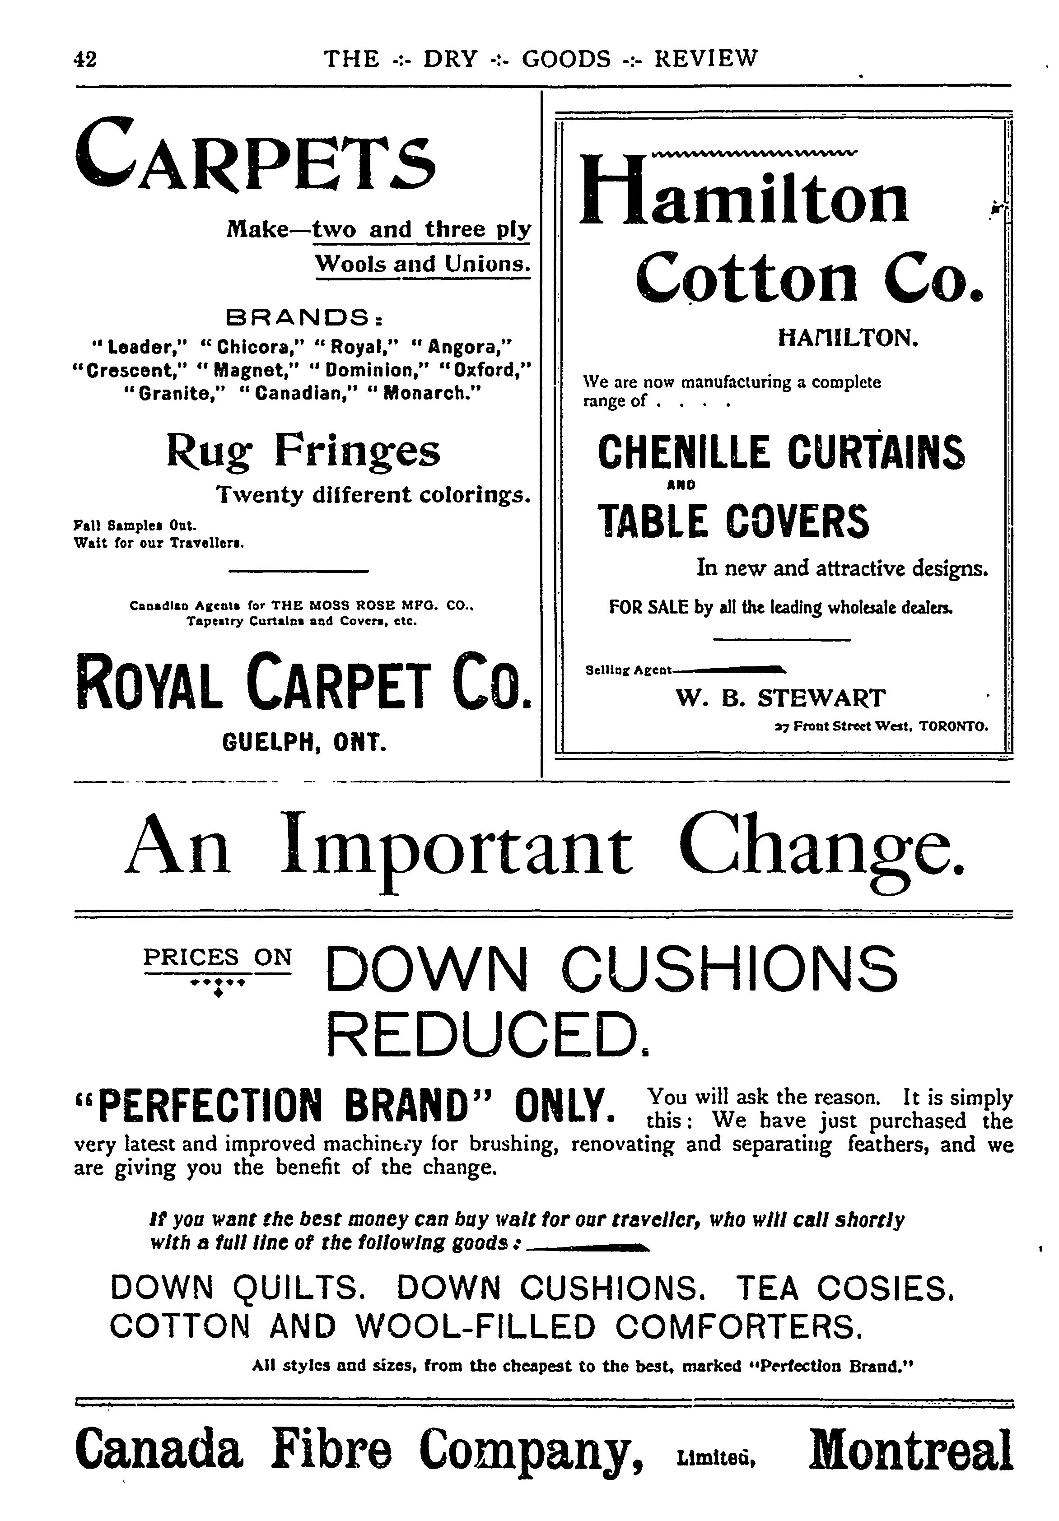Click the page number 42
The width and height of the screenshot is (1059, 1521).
pyautogui.click(x=85, y=60)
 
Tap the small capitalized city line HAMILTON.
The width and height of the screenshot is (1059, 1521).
pyautogui.click(x=848, y=339)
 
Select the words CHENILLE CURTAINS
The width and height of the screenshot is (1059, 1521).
pyautogui.click(x=781, y=452)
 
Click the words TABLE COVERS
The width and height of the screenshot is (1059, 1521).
pyautogui.click(x=732, y=521)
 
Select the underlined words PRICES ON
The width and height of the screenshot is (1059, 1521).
pyautogui.click(x=217, y=957)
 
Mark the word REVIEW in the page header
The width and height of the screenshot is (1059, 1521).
pyautogui.click(x=705, y=59)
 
